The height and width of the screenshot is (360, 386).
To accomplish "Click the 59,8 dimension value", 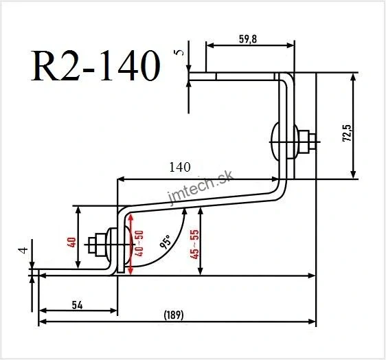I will (248, 39).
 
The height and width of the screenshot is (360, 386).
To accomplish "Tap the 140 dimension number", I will (178, 166).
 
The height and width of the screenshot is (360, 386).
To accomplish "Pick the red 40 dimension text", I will (71, 241).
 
